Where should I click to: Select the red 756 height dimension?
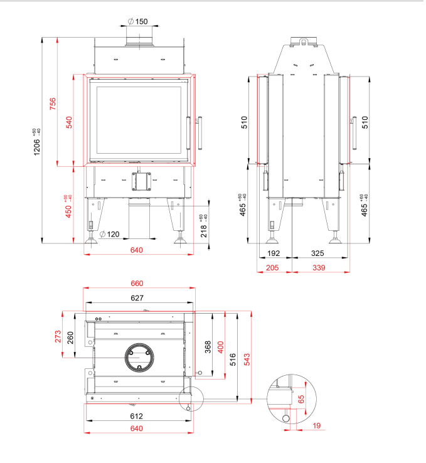tap(53, 103)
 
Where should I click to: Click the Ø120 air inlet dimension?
tap(109, 234)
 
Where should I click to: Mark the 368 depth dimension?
tap(208, 347)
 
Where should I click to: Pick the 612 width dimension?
tap(137, 416)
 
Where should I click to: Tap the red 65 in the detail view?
tap(302, 398)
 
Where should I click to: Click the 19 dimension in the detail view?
tap(316, 426)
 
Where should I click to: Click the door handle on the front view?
tap(200, 132)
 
